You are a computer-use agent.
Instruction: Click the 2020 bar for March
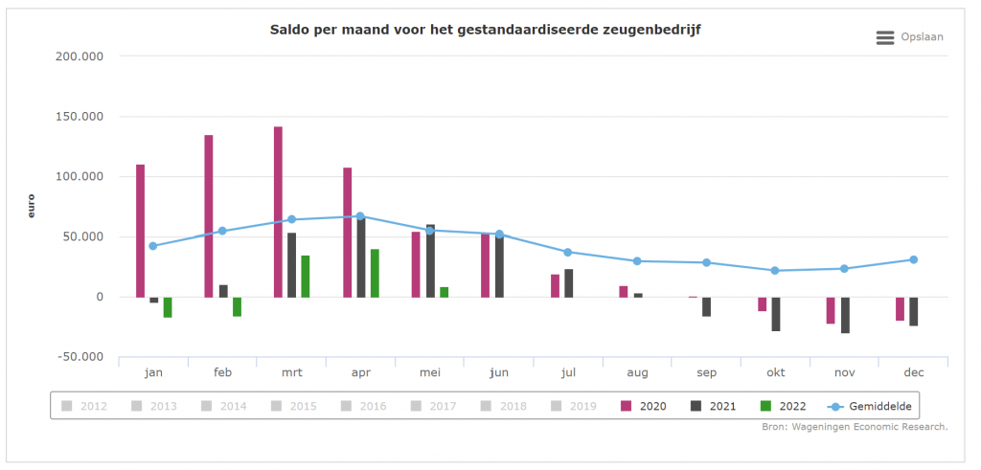(x=278, y=212)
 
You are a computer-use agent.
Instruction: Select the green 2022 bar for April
(x=375, y=273)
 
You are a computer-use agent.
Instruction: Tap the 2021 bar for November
(x=845, y=315)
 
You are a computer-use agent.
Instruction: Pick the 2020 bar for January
(x=140, y=231)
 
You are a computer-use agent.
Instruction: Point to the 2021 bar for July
(x=569, y=283)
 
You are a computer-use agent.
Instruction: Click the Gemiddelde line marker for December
(x=913, y=259)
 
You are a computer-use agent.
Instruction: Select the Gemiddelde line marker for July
(x=567, y=252)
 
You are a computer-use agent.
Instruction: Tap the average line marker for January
(x=153, y=246)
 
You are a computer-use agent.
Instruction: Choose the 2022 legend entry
(x=782, y=406)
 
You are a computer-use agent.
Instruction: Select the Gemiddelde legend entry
(x=868, y=406)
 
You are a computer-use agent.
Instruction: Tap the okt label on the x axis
(x=775, y=372)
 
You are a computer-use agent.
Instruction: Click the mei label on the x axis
(x=429, y=372)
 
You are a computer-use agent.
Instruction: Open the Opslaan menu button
(x=909, y=37)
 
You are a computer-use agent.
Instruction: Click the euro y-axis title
(x=32, y=206)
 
